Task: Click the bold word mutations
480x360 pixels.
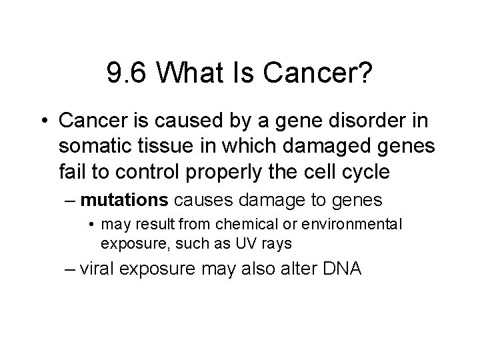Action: point(126,199)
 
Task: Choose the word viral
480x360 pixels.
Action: point(101,271)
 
